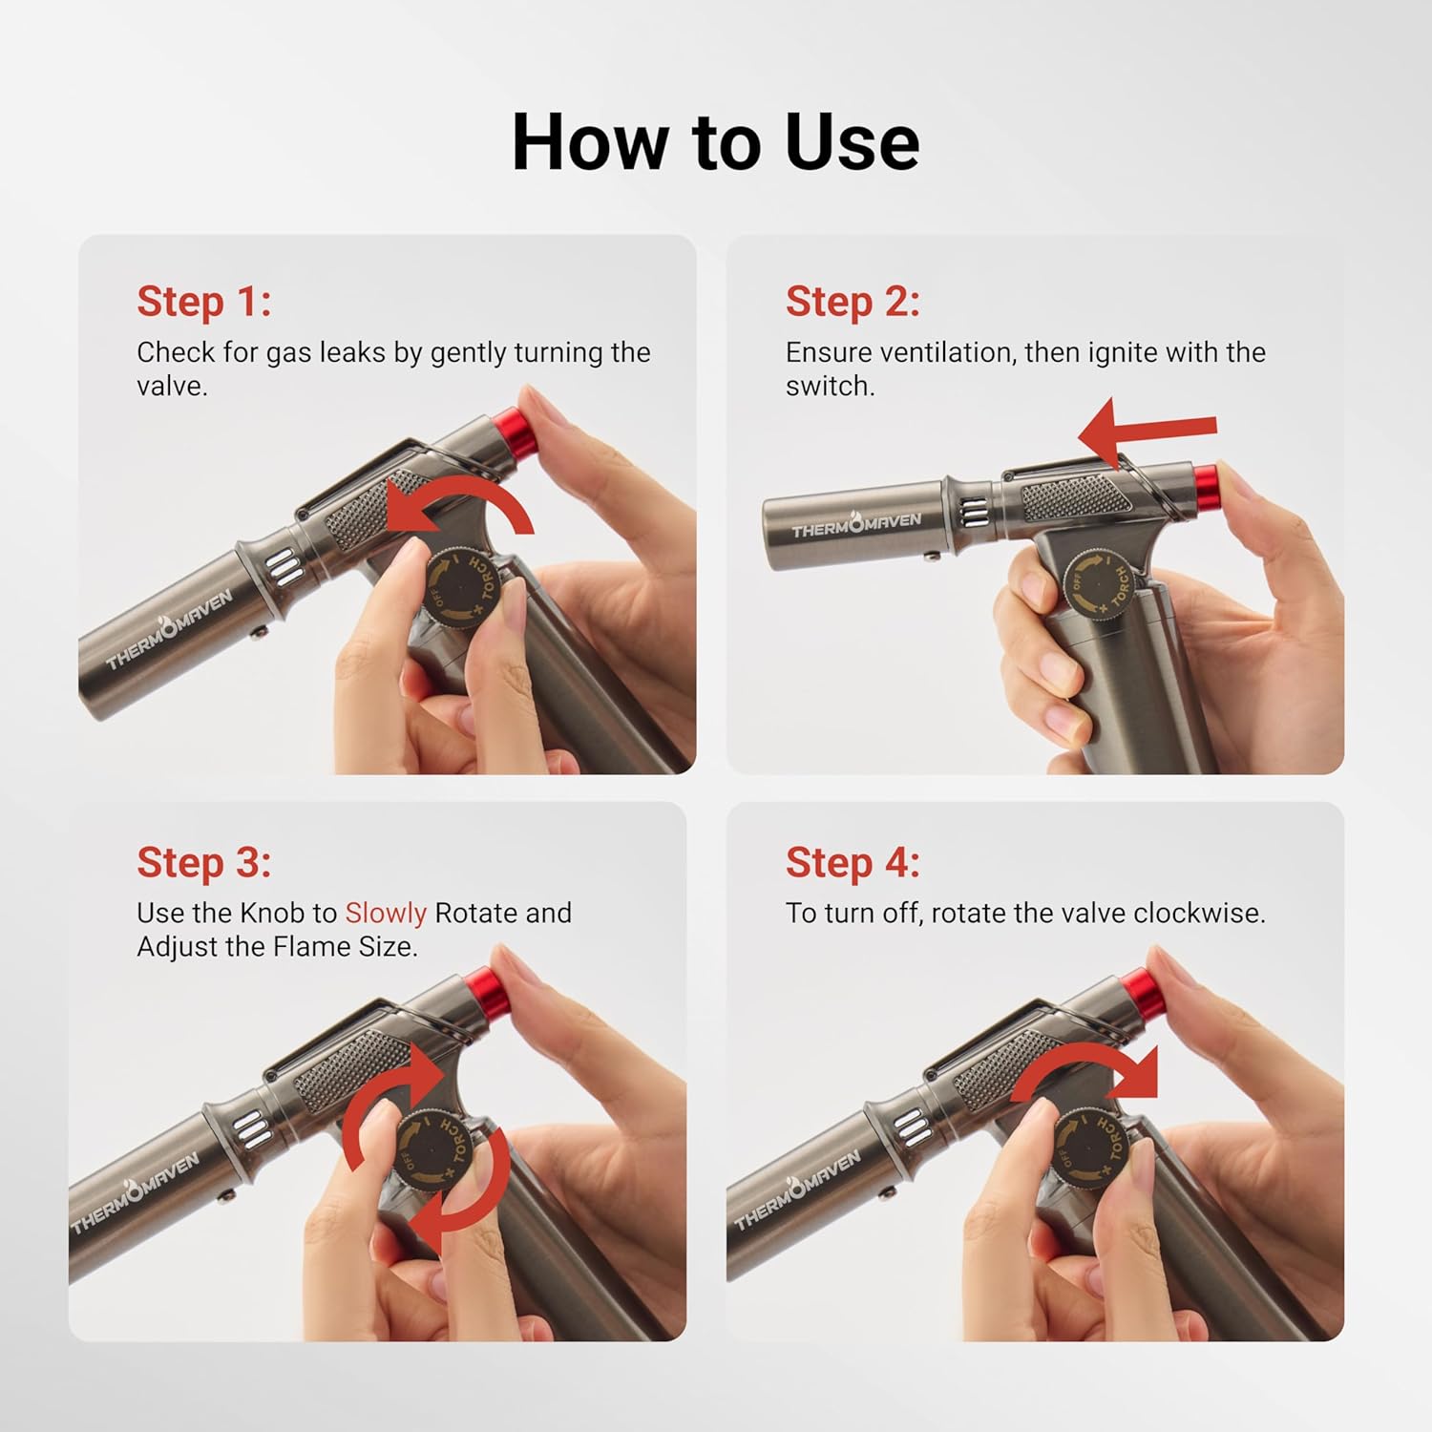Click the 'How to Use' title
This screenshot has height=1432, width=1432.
click(x=715, y=142)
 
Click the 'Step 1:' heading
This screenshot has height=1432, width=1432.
click(x=203, y=302)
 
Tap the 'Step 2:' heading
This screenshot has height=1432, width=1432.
click(x=853, y=302)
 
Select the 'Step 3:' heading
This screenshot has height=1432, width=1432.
click(x=203, y=862)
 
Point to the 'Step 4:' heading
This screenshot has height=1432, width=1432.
click(x=853, y=862)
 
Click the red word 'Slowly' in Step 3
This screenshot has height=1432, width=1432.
click(x=385, y=914)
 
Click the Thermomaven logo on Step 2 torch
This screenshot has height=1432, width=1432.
click(x=855, y=524)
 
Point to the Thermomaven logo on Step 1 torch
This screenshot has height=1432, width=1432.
click(x=169, y=630)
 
